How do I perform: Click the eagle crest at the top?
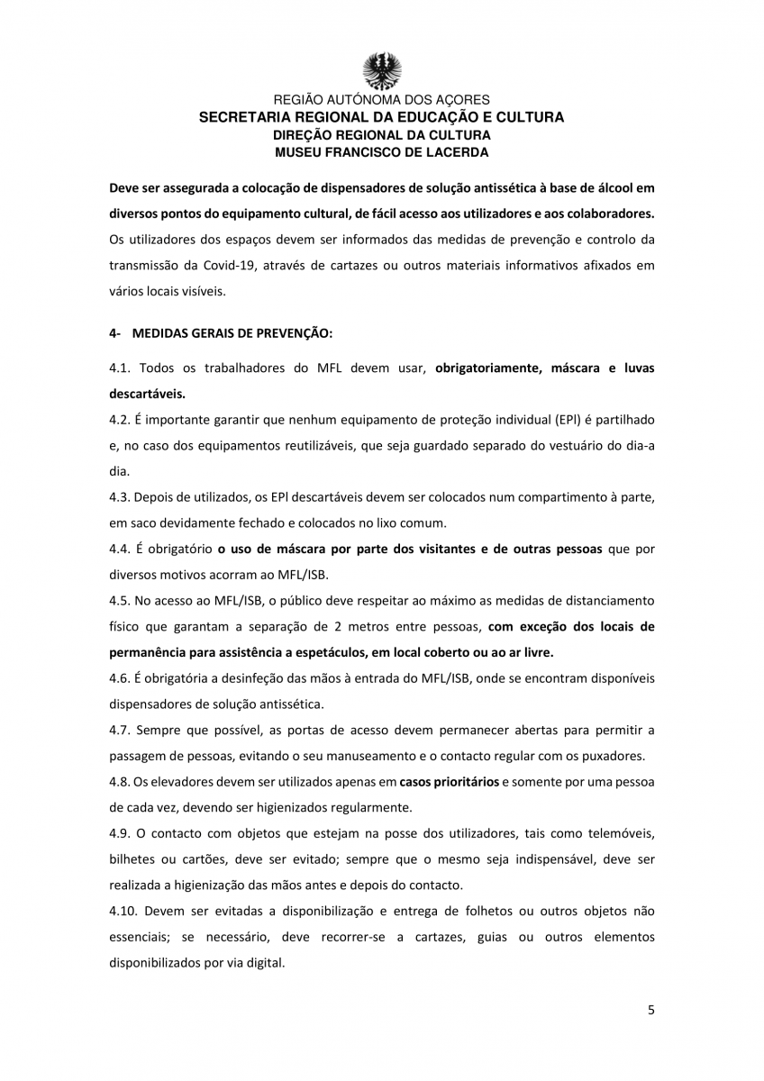pyautogui.click(x=382, y=69)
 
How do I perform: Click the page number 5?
pyautogui.click(x=650, y=1010)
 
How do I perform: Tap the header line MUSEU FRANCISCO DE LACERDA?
pyautogui.click(x=382, y=152)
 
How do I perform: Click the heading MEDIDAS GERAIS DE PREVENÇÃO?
pyautogui.click(x=232, y=332)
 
